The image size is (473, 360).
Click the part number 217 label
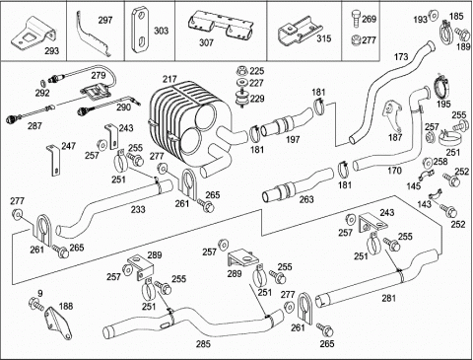pos(169,80)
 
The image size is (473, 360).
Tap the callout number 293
pos(52,51)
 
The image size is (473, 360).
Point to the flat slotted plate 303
pos(140,31)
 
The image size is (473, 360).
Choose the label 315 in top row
pos(324,38)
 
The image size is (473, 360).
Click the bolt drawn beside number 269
pos(356,18)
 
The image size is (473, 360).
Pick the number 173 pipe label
pos(401,57)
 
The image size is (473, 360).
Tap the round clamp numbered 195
pos(441,87)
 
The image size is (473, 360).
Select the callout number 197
pos(293,139)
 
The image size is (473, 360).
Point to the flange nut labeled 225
pos(242,71)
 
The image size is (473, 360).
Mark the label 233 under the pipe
pos(138,209)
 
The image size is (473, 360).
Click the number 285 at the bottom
pos(204,344)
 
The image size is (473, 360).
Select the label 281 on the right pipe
pos(389,298)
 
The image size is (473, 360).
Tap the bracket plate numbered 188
pos(58,323)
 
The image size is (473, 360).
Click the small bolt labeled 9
pos(36,303)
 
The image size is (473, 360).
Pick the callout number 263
pos(306,199)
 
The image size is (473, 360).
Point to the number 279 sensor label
pos(99,75)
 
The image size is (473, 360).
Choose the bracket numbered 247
pos(53,160)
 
